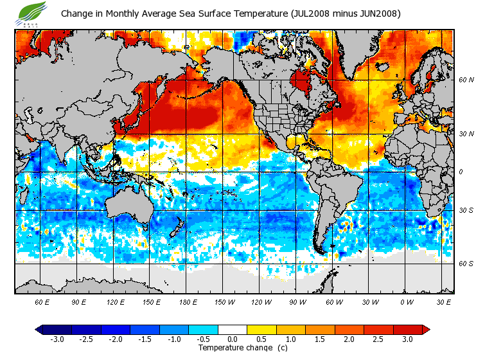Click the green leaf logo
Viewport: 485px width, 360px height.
(x=32, y=12)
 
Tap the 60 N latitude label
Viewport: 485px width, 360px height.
(x=466, y=80)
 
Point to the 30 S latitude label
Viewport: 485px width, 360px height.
(x=466, y=210)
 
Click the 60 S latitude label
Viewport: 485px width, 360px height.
(x=466, y=263)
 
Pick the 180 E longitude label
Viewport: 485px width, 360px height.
(x=188, y=302)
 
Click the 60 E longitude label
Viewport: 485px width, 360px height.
(x=42, y=302)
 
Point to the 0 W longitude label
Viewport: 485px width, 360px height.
(x=407, y=302)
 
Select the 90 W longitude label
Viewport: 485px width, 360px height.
(x=297, y=302)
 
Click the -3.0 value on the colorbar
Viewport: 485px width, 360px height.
(x=57, y=339)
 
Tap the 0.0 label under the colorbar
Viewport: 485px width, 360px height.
(x=233, y=339)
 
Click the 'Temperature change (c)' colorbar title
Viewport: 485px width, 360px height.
(x=233, y=348)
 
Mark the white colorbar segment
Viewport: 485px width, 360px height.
(x=233, y=329)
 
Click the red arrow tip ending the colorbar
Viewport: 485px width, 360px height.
(x=426, y=329)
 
